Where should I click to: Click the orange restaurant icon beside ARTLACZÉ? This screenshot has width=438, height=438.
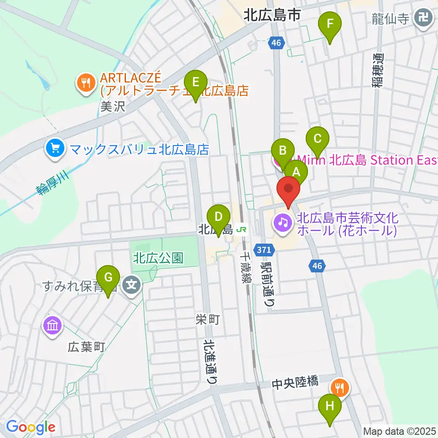pos(85,83)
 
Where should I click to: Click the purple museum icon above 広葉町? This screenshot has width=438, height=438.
pos(52,326)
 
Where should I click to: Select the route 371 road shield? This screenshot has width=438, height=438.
pos(267,250)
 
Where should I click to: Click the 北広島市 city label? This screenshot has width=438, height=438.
pos(272,16)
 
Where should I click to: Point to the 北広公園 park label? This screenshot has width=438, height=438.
pos(158,258)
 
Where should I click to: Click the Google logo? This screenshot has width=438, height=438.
pos(31,427)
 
